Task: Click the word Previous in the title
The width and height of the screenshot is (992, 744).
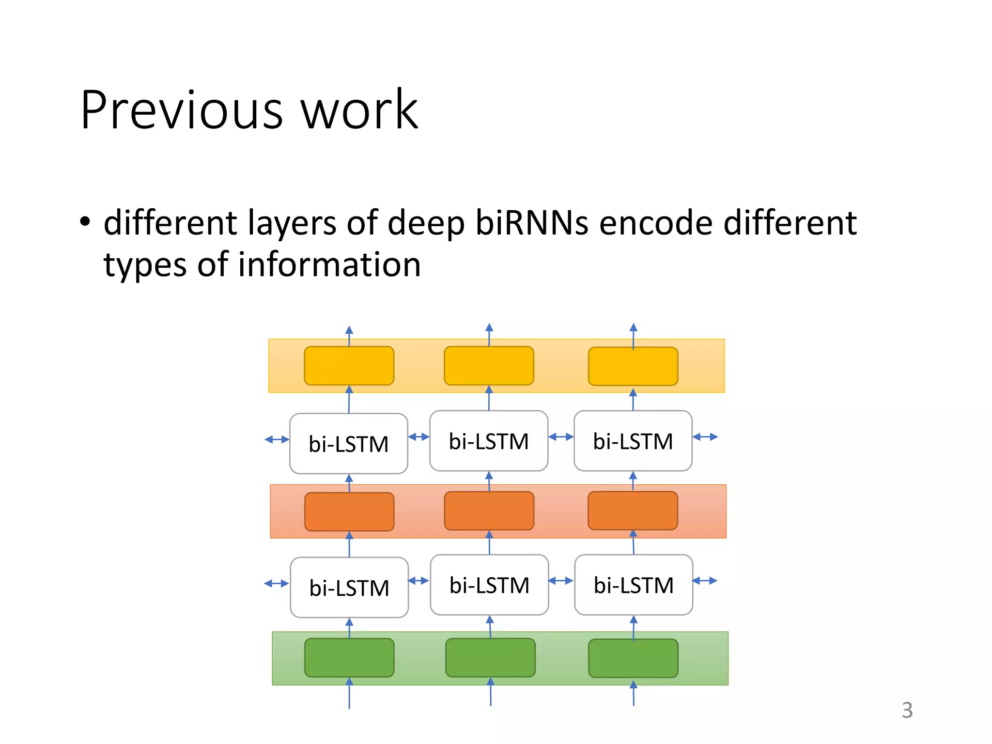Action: coord(182,110)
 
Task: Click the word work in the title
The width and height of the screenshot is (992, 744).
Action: coord(359,110)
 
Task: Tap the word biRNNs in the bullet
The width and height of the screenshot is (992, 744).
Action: coord(532,223)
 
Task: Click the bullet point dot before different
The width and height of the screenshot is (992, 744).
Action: coord(85,222)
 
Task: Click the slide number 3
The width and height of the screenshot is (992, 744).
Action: coord(907,710)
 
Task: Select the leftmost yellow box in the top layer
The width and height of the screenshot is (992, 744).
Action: coord(349,366)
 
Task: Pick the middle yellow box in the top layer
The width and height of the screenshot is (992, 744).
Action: coord(489,366)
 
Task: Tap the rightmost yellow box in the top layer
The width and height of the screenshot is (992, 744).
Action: coord(633,366)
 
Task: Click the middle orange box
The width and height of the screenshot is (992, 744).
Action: coord(489,511)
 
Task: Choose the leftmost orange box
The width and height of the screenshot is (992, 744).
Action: coord(349,511)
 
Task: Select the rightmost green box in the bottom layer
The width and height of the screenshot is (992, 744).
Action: coord(633,658)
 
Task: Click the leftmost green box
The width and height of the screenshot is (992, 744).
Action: coord(349,657)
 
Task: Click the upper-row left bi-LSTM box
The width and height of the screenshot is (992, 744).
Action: coord(348,443)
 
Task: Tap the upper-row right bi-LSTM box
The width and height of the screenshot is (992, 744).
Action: coord(633,441)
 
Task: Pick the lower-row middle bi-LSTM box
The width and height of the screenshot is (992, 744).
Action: coord(489,585)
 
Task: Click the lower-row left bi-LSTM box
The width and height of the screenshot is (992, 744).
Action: coord(349,587)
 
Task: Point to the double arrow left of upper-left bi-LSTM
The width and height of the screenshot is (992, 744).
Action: coord(277,439)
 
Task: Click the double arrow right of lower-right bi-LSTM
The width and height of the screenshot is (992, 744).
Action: coord(705,580)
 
